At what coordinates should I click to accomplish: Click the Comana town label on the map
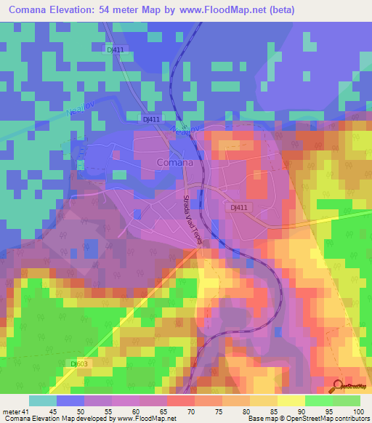point(175,163)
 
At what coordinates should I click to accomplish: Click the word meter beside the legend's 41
point(10,411)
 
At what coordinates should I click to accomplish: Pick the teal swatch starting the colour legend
point(43,400)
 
